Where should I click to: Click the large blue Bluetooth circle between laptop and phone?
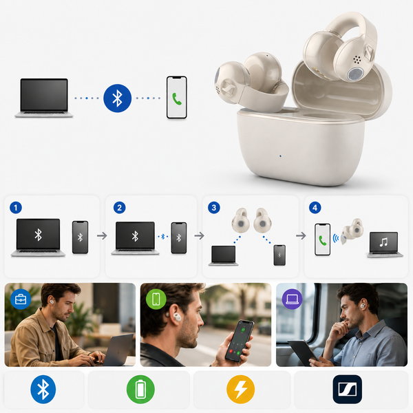pos(117,98)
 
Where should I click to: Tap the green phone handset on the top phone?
pos(177,98)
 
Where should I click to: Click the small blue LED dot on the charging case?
pos(280,156)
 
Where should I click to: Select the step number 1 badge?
pos(16,208)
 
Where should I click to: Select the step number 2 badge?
pos(119,208)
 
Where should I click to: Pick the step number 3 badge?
pos(214,208)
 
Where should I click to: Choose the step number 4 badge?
pos(315,208)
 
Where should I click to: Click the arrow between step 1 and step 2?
pos(102,235)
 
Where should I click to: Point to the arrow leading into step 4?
pos(301,235)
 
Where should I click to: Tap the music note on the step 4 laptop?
pos(383,242)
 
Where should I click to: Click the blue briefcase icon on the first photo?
pos(21,299)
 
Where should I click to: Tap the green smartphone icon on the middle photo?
pos(156,299)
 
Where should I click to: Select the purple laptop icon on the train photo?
pos(292,299)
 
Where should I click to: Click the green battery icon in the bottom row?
pos(140,390)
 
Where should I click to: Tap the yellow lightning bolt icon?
pos(240,390)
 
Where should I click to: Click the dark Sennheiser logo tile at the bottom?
pos(347,390)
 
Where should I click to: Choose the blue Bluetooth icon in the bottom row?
pos(43,390)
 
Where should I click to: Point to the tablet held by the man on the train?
pos(303,352)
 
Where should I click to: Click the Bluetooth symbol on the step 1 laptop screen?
pos(38,235)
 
